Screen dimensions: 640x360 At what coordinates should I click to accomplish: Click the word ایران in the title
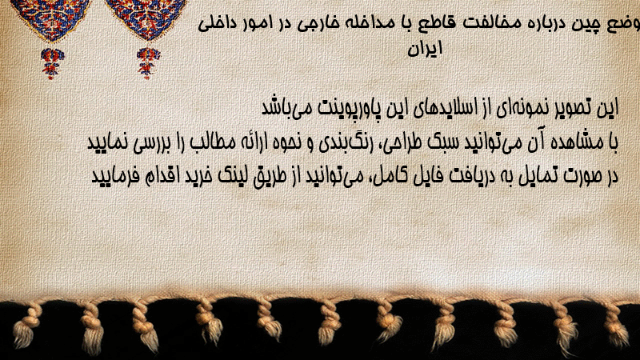(425, 49)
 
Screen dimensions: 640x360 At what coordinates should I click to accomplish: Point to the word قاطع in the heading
(426, 23)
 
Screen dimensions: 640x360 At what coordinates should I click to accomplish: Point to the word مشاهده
(572, 142)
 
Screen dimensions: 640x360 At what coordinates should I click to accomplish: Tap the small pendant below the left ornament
(52, 63)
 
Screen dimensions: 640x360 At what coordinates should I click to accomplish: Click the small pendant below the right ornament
(148, 63)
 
